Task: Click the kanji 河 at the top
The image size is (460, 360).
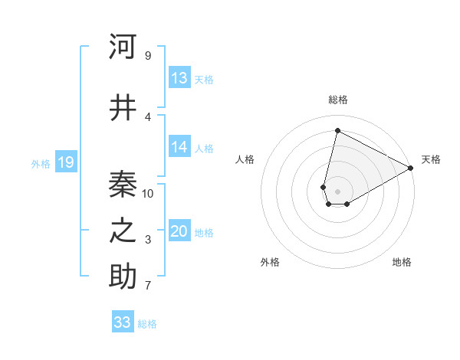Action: coord(123,47)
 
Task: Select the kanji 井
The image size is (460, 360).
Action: coord(123,108)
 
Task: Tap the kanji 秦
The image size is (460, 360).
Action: coord(123,184)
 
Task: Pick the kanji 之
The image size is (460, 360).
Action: coord(123,231)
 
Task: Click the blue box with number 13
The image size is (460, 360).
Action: coord(179,78)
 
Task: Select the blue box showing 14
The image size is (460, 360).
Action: coord(179,147)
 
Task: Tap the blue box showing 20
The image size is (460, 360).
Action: coord(179,232)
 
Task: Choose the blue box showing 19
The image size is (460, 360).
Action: coord(65,162)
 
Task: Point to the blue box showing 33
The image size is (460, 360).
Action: coord(123,322)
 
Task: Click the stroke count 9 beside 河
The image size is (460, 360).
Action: coord(148,55)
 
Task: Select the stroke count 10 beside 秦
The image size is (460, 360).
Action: coord(148,193)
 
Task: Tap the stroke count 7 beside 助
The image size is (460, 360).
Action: coord(148,286)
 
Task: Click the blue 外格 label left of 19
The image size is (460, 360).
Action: coord(41,163)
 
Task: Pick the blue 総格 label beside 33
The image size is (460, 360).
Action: coord(147,324)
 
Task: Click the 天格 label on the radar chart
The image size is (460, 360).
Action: coord(431,159)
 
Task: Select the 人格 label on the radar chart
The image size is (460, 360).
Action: coord(245,159)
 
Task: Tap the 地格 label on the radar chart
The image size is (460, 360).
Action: coord(402,262)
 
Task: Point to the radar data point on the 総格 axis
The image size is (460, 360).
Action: coord(337,130)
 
